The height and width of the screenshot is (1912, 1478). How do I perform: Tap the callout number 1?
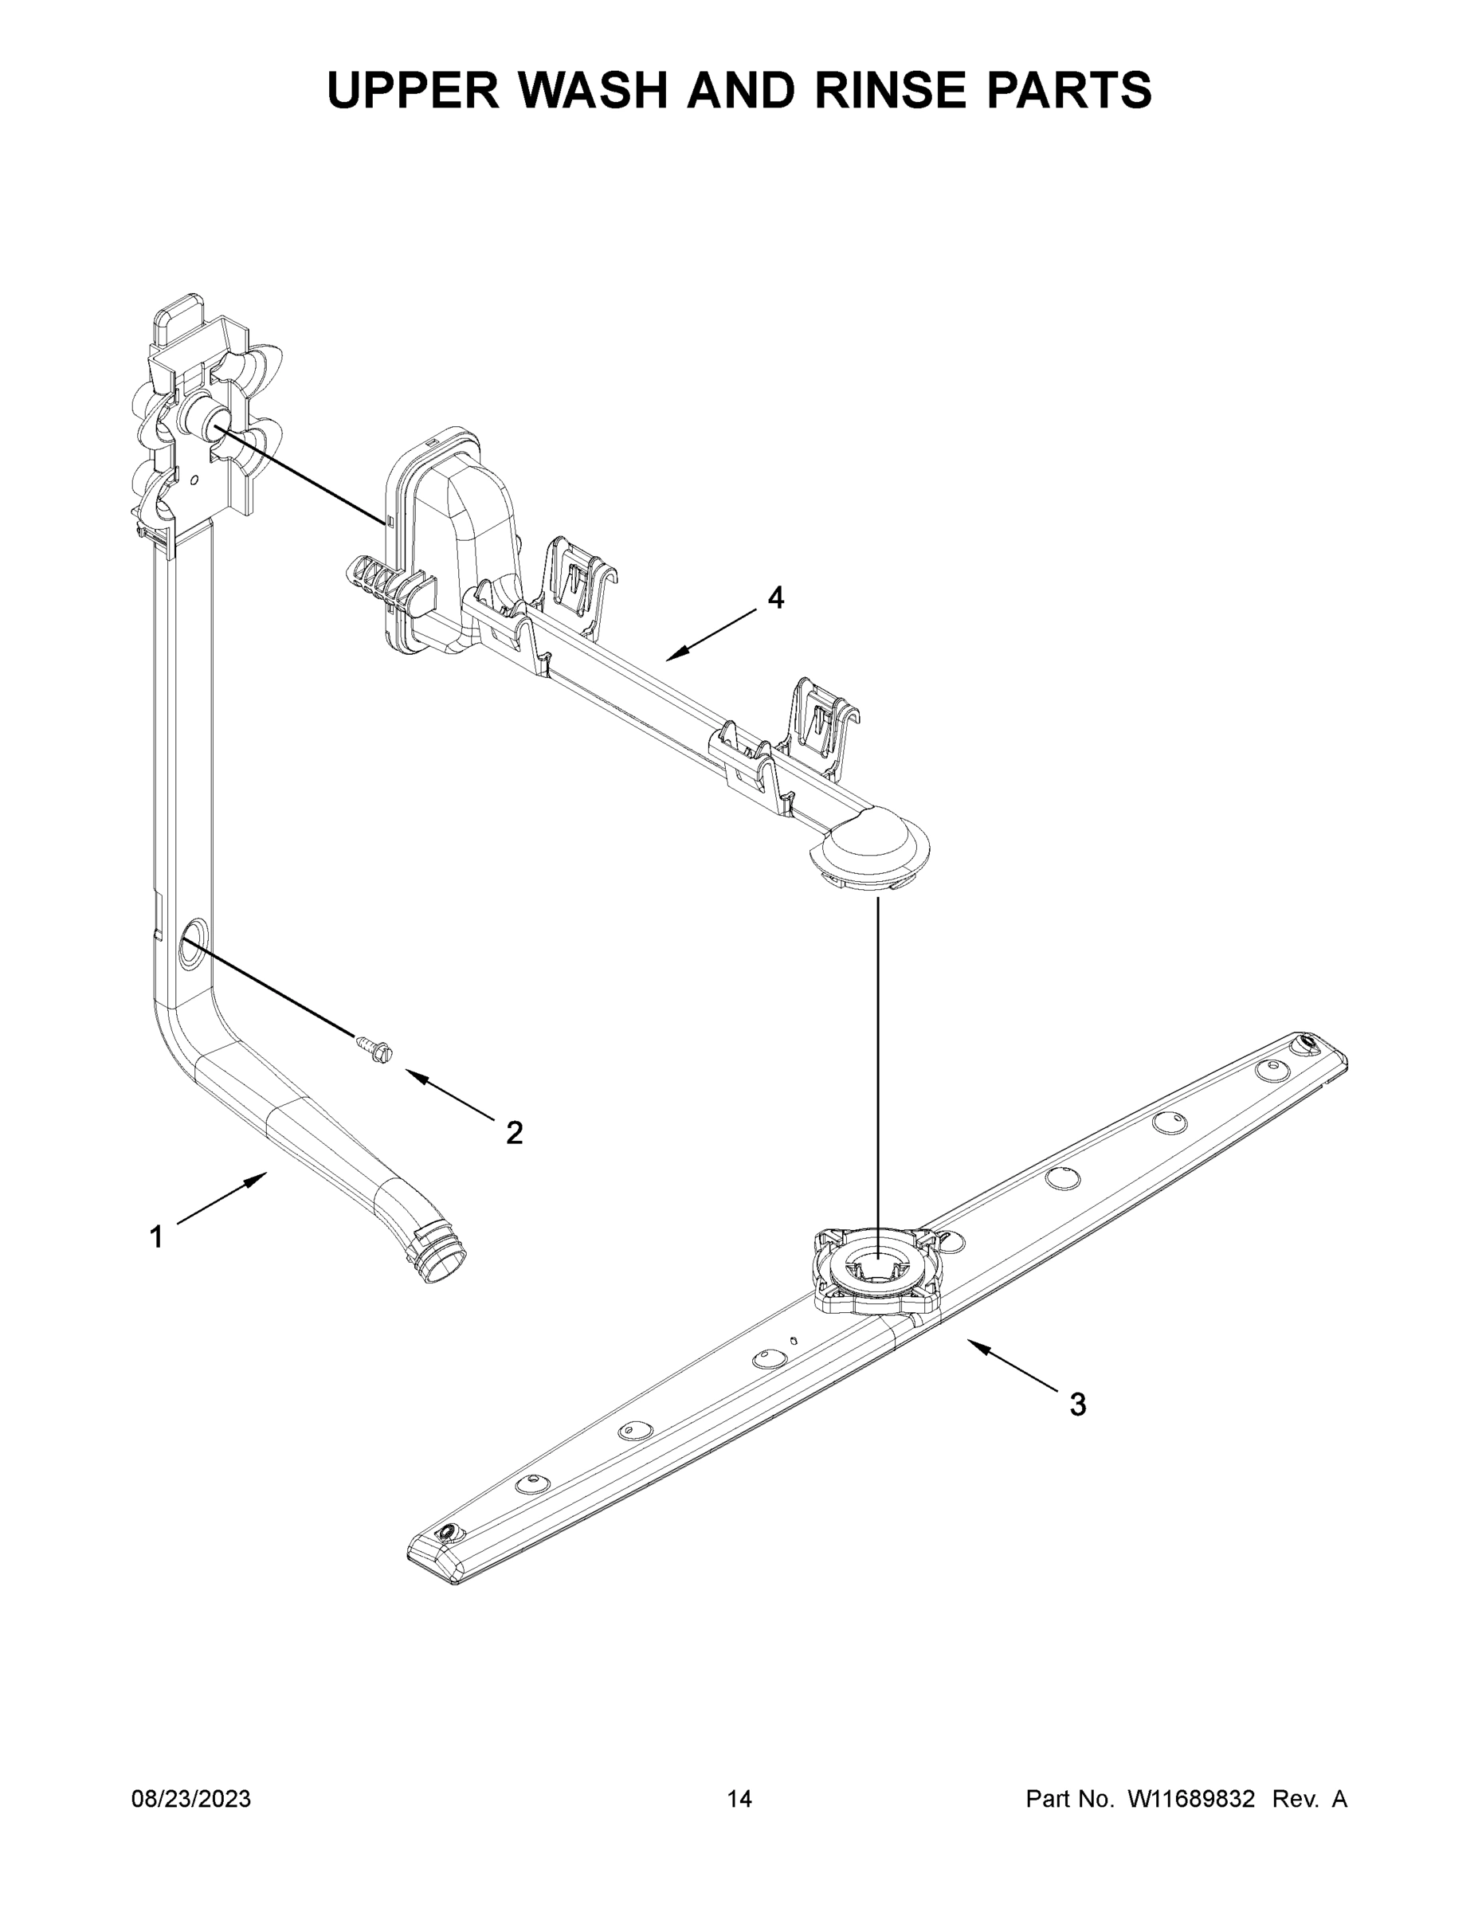156,1237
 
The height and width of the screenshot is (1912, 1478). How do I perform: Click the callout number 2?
515,1133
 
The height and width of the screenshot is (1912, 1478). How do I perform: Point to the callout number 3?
1078,1405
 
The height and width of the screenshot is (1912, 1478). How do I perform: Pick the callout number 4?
776,598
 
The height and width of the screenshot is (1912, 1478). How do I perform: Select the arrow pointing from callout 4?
710,635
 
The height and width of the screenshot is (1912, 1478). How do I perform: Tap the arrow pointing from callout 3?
1016,1366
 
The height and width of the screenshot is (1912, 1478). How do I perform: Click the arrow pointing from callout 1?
222,1198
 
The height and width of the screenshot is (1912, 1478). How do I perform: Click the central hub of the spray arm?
877,1268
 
